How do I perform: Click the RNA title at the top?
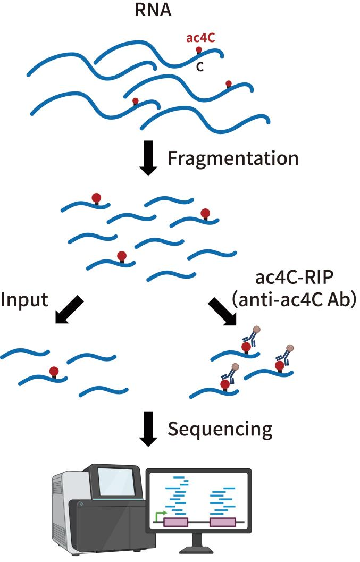[152, 11]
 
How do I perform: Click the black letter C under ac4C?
[200, 67]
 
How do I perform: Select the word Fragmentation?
[233, 158]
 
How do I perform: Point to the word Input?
[24, 300]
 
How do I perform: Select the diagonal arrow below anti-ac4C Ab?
[223, 311]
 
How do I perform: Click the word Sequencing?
[220, 429]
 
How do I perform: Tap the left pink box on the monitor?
[175, 523]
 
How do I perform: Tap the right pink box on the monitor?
[222, 523]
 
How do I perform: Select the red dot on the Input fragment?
[53, 371]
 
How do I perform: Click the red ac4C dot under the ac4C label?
[199, 50]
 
